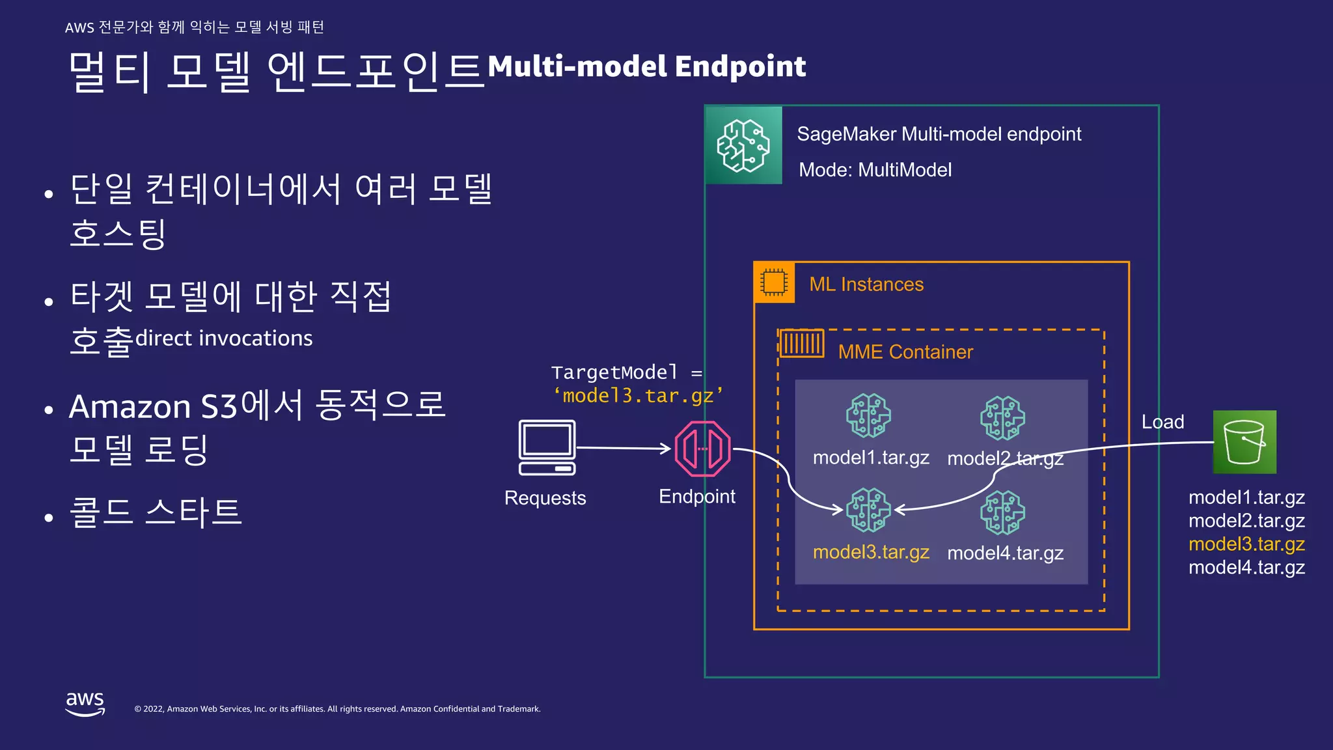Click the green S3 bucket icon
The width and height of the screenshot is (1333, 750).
coord(1244,442)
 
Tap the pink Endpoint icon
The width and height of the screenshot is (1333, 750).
coord(703,449)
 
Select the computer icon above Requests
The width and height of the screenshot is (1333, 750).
coord(547,447)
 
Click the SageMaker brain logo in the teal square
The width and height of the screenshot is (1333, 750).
coord(743,145)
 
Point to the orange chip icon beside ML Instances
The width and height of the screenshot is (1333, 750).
coord(774,283)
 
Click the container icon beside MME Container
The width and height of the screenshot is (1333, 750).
coord(801,343)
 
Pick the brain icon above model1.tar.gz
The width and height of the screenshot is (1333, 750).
coord(868,415)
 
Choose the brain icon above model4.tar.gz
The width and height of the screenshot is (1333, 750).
coord(1002,512)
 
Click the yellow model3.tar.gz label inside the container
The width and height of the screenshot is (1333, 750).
coord(871,552)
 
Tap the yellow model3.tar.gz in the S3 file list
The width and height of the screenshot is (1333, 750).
coord(1246,544)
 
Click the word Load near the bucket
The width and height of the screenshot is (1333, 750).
coord(1162,422)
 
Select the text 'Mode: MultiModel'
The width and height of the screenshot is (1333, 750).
coord(875,170)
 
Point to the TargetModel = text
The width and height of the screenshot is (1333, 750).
coord(626,372)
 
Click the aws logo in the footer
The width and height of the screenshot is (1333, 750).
coord(85,703)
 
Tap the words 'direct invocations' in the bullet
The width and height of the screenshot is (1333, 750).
coord(224,339)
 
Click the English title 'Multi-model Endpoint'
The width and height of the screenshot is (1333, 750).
coord(646,66)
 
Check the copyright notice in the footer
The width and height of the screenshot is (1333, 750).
coord(337,709)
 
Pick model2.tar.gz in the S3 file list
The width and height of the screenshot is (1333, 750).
coord(1246,521)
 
